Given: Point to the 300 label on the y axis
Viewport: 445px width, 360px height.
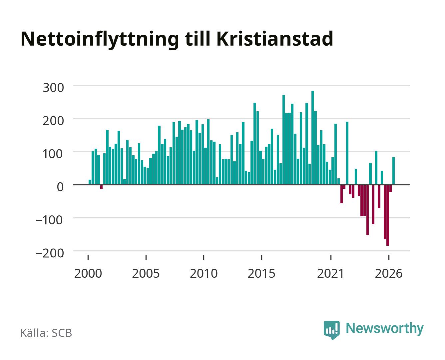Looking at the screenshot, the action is [53, 87].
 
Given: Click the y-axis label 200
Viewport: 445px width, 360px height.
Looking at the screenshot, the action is [53, 121].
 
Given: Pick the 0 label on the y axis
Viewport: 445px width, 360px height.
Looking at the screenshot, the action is [60, 187].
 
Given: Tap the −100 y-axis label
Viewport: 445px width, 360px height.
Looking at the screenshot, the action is [50, 220].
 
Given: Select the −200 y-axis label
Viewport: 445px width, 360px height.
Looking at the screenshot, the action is [50, 253].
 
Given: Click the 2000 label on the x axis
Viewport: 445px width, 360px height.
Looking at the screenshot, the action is [88, 273].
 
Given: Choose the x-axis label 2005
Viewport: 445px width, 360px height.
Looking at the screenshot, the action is [146, 273].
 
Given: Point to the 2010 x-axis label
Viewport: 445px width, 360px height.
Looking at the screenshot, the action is [204, 273].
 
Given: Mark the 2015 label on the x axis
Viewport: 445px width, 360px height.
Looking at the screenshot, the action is [261, 273].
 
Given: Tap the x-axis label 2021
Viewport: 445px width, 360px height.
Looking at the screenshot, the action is [330, 273].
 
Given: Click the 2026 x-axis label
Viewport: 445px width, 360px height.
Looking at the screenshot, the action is [389, 273].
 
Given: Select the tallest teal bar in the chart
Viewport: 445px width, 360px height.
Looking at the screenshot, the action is [312, 138].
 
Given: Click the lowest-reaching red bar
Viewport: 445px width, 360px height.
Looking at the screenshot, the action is [388, 215].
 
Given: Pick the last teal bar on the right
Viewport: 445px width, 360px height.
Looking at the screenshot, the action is [393, 171].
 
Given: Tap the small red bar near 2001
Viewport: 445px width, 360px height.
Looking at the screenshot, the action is [101, 187].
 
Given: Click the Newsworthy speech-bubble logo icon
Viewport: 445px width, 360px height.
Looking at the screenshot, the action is [331, 330].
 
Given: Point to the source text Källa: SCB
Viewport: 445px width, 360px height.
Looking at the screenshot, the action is [46, 333].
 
